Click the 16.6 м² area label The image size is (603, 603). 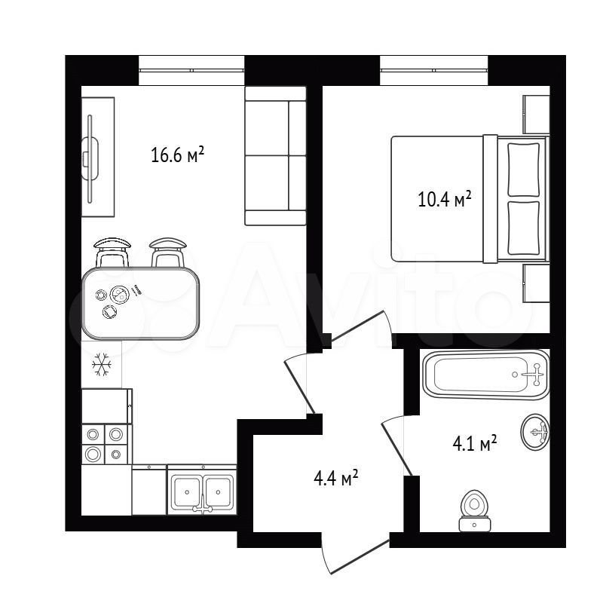(177, 155)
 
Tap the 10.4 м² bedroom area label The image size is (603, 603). (445, 199)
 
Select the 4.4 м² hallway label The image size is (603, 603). (336, 478)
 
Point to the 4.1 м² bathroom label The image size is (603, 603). (475, 444)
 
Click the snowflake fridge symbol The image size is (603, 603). (102, 364)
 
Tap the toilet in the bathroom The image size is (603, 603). (475, 511)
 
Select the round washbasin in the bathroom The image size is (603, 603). (535, 431)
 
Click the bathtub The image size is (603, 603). (486, 375)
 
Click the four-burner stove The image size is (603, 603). (105, 444)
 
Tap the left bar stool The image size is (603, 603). (112, 253)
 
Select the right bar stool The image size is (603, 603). (167, 253)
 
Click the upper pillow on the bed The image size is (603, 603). (523, 170)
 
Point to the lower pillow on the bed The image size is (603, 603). (523, 228)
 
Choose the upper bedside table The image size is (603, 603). (536, 115)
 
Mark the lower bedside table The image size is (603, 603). (536, 283)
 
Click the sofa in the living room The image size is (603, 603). (275, 155)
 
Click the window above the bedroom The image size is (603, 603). (434, 70)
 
